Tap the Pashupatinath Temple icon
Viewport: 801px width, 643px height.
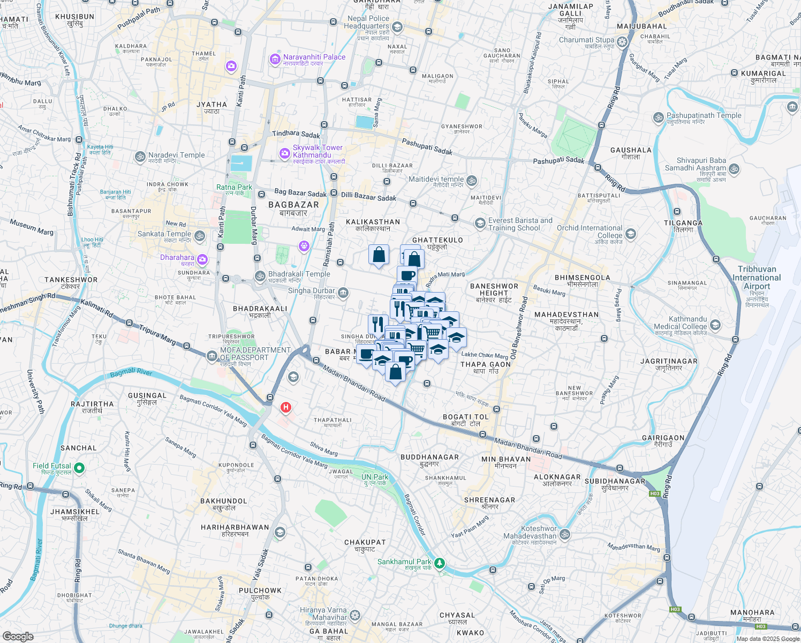click(658, 117)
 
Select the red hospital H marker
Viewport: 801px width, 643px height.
click(286, 408)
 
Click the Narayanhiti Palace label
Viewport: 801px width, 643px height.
click(314, 57)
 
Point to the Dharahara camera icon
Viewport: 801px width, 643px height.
click(202, 260)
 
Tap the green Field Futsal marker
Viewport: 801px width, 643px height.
click(79, 468)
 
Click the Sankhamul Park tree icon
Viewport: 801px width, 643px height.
click(440, 563)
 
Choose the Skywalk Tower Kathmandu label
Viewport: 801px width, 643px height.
click(318, 151)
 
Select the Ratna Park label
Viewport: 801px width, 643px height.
click(234, 187)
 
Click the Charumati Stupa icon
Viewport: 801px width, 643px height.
click(622, 42)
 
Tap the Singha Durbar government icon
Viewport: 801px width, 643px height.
click(343, 293)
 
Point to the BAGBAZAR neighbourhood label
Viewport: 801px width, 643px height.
click(293, 205)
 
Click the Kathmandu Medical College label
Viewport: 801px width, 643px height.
click(680, 323)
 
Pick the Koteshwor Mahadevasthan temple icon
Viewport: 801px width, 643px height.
click(565, 534)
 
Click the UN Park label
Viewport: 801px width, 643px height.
click(375, 477)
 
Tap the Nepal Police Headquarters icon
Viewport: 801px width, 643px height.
click(397, 27)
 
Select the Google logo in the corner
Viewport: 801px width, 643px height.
click(18, 636)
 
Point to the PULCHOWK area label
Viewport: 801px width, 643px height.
click(260, 590)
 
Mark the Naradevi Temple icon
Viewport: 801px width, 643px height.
click(140, 156)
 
